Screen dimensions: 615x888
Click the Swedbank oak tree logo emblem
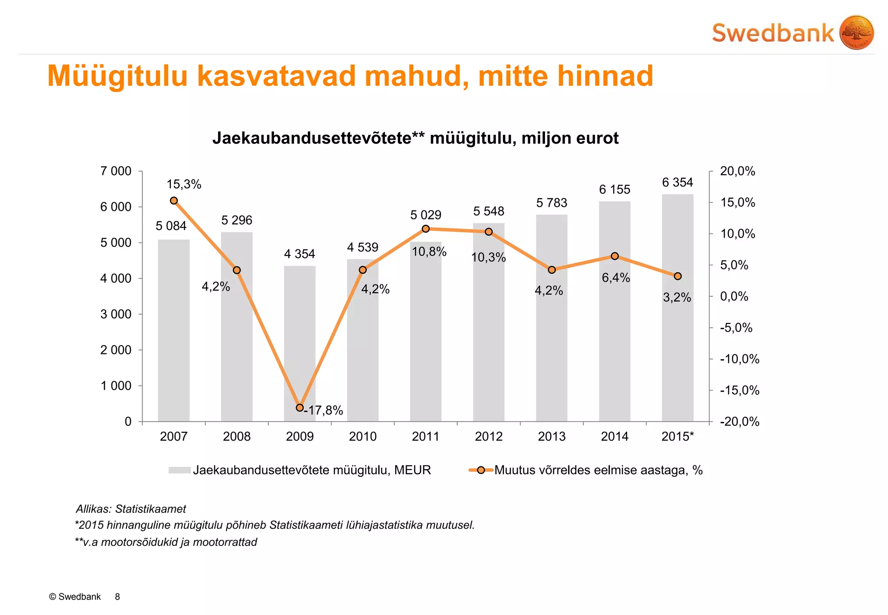(856, 33)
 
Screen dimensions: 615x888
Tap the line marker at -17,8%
(300, 408)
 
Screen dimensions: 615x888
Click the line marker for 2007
(174, 200)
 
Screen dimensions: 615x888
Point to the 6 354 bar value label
(677, 183)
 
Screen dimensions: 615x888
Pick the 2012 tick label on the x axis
(489, 436)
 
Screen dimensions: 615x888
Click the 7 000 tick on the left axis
(116, 171)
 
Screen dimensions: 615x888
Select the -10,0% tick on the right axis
(740, 359)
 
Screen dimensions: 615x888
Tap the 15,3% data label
(184, 184)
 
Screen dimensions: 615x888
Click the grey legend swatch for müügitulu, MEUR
(180, 470)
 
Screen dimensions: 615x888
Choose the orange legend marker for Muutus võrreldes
(481, 470)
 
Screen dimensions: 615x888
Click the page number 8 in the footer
(118, 597)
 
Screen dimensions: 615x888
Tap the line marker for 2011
(426, 229)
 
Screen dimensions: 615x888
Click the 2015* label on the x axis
(677, 436)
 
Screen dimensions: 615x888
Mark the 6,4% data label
(616, 278)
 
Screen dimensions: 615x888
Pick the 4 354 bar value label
(300, 254)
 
